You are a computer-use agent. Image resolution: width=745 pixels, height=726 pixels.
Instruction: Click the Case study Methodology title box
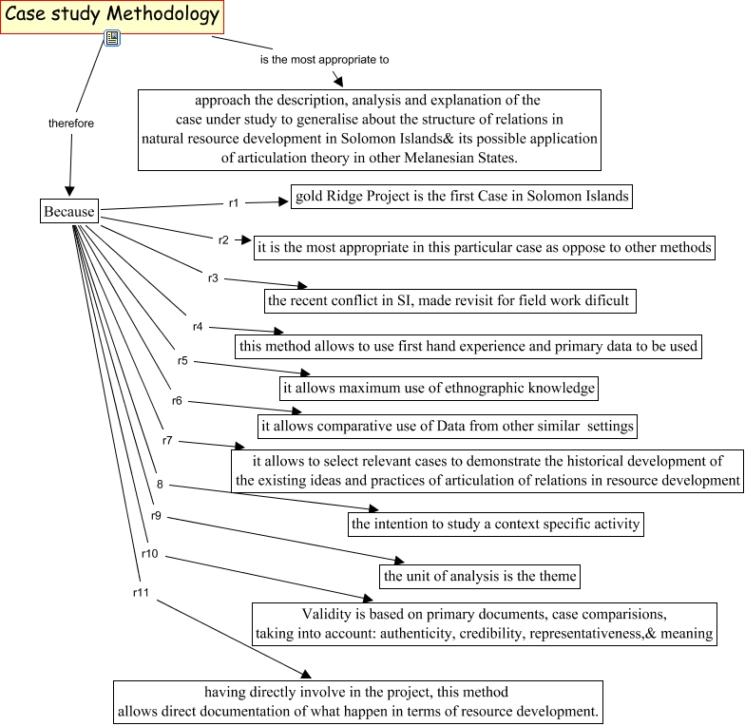[112, 15]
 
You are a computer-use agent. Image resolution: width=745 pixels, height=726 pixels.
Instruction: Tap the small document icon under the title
[112, 38]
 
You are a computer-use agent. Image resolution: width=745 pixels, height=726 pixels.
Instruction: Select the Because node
[69, 211]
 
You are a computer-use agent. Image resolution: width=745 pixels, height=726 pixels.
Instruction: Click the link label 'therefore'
[71, 124]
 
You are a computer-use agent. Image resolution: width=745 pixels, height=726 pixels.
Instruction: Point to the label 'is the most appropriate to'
[325, 59]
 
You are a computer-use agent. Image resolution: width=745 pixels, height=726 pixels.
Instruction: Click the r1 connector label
[234, 202]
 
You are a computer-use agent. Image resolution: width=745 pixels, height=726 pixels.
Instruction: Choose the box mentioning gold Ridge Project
[462, 197]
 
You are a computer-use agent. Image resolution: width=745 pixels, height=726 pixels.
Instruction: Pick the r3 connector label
[213, 277]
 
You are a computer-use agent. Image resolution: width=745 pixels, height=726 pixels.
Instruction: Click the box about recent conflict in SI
[449, 300]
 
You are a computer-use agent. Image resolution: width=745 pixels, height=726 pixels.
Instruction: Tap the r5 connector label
[182, 361]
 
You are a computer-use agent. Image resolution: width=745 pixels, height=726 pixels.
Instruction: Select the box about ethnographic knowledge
[439, 388]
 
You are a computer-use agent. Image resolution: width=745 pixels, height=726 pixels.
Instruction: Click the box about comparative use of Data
[446, 425]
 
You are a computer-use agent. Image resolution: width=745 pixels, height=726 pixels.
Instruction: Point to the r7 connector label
[167, 440]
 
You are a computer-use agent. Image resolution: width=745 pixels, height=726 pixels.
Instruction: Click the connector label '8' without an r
[160, 485]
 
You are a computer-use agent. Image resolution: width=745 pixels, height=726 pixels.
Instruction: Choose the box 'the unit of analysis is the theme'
[480, 575]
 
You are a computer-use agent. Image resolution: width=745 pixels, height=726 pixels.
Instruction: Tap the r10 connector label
[149, 553]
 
